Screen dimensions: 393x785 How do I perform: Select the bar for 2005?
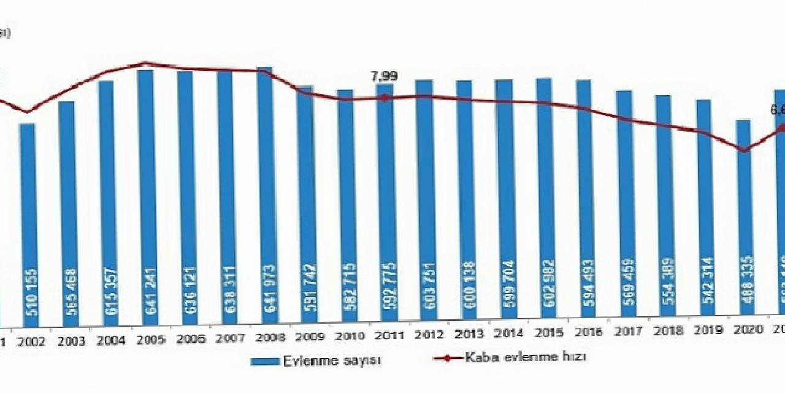(145, 196)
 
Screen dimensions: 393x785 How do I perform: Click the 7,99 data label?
(384, 77)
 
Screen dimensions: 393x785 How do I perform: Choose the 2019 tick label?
(705, 330)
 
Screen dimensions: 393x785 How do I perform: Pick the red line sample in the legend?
(447, 358)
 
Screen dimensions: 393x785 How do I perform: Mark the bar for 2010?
(345, 206)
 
